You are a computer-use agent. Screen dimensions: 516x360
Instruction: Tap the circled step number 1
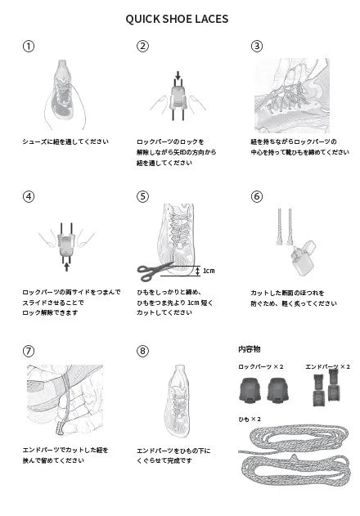(x=29, y=46)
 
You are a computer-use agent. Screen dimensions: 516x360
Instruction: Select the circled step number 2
(x=143, y=46)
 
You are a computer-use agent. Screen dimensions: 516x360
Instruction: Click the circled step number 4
(x=29, y=196)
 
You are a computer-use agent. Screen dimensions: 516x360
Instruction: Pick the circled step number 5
(x=143, y=196)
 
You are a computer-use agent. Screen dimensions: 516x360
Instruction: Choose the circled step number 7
(x=29, y=351)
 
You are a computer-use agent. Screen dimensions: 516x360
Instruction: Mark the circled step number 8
(x=143, y=351)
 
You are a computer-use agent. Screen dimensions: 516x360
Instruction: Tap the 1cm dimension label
(x=209, y=270)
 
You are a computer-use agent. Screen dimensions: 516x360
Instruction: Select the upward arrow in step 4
(x=65, y=266)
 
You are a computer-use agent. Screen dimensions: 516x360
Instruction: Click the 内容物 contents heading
(x=249, y=348)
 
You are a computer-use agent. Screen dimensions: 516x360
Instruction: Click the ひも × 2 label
(x=250, y=419)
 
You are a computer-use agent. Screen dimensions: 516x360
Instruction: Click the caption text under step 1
(x=65, y=141)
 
